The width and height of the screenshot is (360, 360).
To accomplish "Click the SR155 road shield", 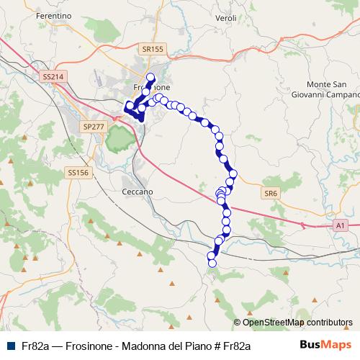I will pos(153,49).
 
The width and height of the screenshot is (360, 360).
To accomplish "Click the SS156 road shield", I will pos(77,172).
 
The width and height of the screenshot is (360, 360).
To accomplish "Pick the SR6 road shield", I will pos(270,194).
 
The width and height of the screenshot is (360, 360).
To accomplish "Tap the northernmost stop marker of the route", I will pos(150,77).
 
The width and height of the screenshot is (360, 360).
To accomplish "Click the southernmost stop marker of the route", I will pos(212,264).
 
